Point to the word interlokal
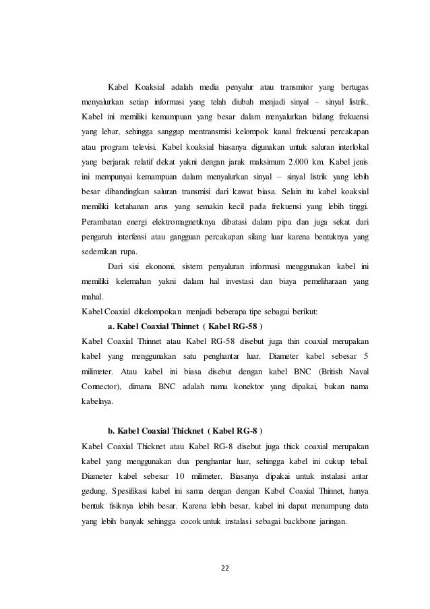tap(349, 147)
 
